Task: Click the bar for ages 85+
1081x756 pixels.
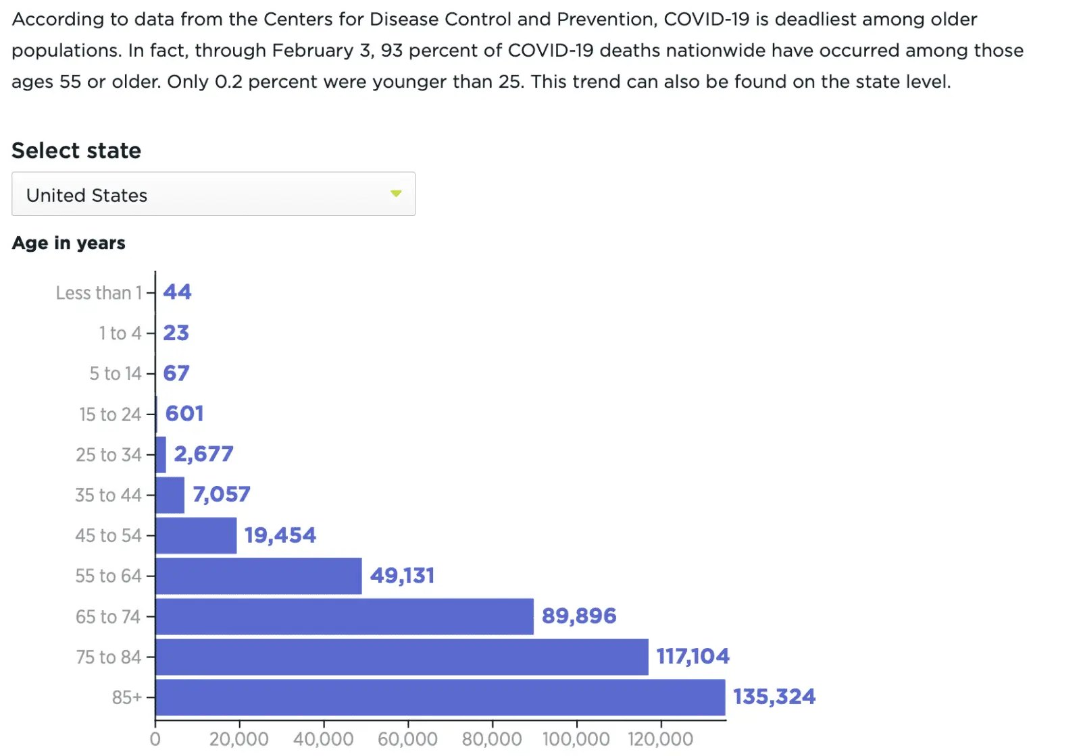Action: tap(440, 697)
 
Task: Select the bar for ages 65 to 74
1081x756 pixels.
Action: tap(344, 616)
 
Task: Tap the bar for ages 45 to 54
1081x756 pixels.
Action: tap(196, 535)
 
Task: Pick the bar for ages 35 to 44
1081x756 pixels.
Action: tap(170, 495)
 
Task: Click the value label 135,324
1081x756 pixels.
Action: tap(774, 697)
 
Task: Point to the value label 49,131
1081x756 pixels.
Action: tap(402, 576)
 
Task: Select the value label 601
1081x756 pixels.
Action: tap(184, 413)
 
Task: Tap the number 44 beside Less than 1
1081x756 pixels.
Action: tap(177, 292)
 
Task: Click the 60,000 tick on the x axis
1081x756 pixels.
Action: tap(407, 739)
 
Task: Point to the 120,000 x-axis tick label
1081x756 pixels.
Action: tap(660, 739)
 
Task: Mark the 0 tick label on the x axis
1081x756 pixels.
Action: tap(155, 739)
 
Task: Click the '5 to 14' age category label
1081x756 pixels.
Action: tap(116, 373)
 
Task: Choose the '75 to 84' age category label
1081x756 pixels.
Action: tap(108, 657)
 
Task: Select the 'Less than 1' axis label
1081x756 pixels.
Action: tap(99, 293)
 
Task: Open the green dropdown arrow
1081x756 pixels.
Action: tap(396, 194)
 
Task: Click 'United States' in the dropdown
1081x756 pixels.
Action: tap(86, 195)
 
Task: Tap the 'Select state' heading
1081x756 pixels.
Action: tap(76, 151)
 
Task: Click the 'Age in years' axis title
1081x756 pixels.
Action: tap(68, 243)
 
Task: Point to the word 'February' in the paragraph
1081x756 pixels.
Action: tap(313, 51)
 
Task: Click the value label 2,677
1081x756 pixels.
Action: tap(203, 454)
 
